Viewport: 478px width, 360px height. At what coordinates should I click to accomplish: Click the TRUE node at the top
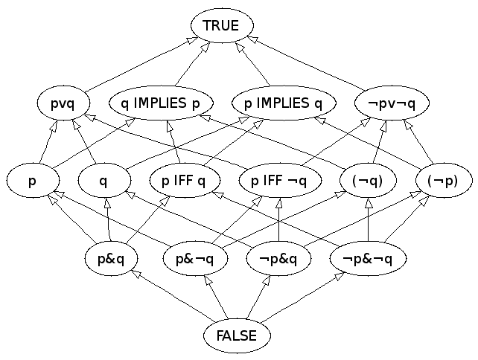click(x=220, y=26)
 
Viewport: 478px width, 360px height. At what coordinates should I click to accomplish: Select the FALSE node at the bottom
click(x=237, y=335)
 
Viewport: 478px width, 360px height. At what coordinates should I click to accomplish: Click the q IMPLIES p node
click(x=161, y=103)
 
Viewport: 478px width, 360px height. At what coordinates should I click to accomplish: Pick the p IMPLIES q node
click(x=283, y=103)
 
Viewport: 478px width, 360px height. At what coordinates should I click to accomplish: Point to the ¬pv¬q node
click(x=392, y=103)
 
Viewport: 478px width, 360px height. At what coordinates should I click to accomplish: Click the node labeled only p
click(x=32, y=181)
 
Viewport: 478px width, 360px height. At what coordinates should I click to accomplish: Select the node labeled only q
click(x=103, y=181)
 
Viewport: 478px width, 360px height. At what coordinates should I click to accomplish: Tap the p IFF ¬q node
click(x=280, y=181)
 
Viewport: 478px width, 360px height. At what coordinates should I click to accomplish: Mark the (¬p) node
click(x=444, y=181)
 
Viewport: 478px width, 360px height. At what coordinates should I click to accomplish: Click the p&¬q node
click(x=195, y=259)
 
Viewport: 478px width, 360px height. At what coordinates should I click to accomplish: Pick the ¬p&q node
click(x=278, y=259)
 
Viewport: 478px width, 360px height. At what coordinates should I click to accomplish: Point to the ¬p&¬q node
click(x=369, y=259)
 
